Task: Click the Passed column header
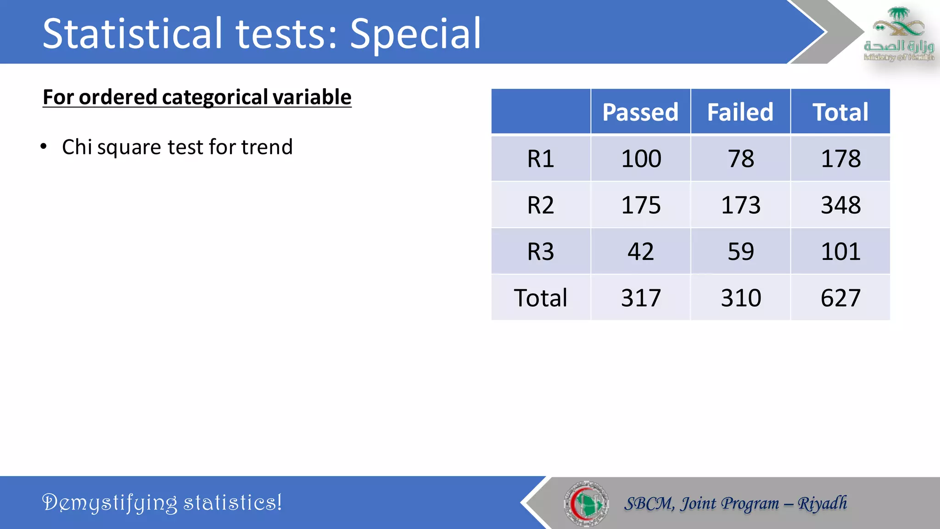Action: click(640, 112)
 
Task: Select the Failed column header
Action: click(740, 112)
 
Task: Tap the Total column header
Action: click(840, 112)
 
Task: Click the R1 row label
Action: click(541, 159)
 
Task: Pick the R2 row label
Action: click(541, 205)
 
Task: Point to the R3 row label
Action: click(541, 252)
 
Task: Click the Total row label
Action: click(541, 298)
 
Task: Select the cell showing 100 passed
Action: click(641, 159)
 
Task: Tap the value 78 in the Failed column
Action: click(741, 159)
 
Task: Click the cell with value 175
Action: click(641, 205)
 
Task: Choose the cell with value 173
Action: click(741, 205)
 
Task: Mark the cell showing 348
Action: click(840, 205)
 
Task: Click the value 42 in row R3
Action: click(641, 252)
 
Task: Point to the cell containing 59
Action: click(741, 252)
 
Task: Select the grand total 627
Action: click(840, 298)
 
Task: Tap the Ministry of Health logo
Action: click(899, 34)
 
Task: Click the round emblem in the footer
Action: click(586, 503)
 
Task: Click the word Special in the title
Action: click(415, 34)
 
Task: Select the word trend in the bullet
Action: click(267, 147)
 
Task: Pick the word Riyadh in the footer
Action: click(822, 503)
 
